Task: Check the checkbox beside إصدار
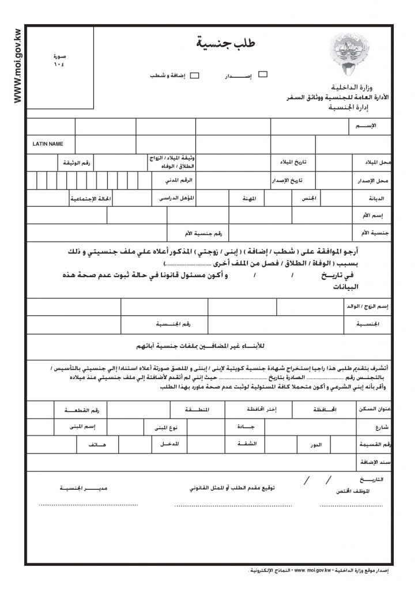click(x=263, y=74)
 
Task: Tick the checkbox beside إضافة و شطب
click(x=195, y=75)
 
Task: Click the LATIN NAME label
click(x=48, y=144)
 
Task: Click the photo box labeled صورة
click(x=60, y=67)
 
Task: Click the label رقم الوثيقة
click(x=77, y=163)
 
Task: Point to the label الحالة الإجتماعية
click(x=90, y=199)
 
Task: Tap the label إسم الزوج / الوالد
click(x=369, y=307)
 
